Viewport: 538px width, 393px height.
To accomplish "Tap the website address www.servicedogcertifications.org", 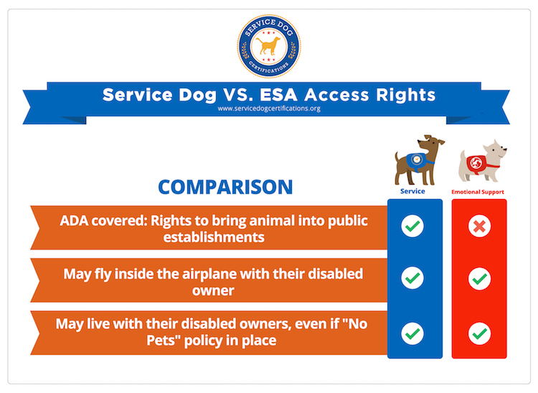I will point(268,109).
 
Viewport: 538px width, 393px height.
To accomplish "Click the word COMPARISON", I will point(225,187).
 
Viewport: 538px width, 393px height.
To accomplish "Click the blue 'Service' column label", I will point(413,192).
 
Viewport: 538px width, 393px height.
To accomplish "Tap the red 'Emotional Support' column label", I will point(478,193).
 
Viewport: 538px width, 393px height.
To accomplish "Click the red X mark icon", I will point(479,227).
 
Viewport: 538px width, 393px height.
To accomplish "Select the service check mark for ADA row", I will point(413,227).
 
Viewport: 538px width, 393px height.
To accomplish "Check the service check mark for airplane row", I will point(413,277).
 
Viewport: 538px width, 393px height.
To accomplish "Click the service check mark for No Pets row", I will point(413,333).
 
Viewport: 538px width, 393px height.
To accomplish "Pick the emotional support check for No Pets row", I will point(479,333).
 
